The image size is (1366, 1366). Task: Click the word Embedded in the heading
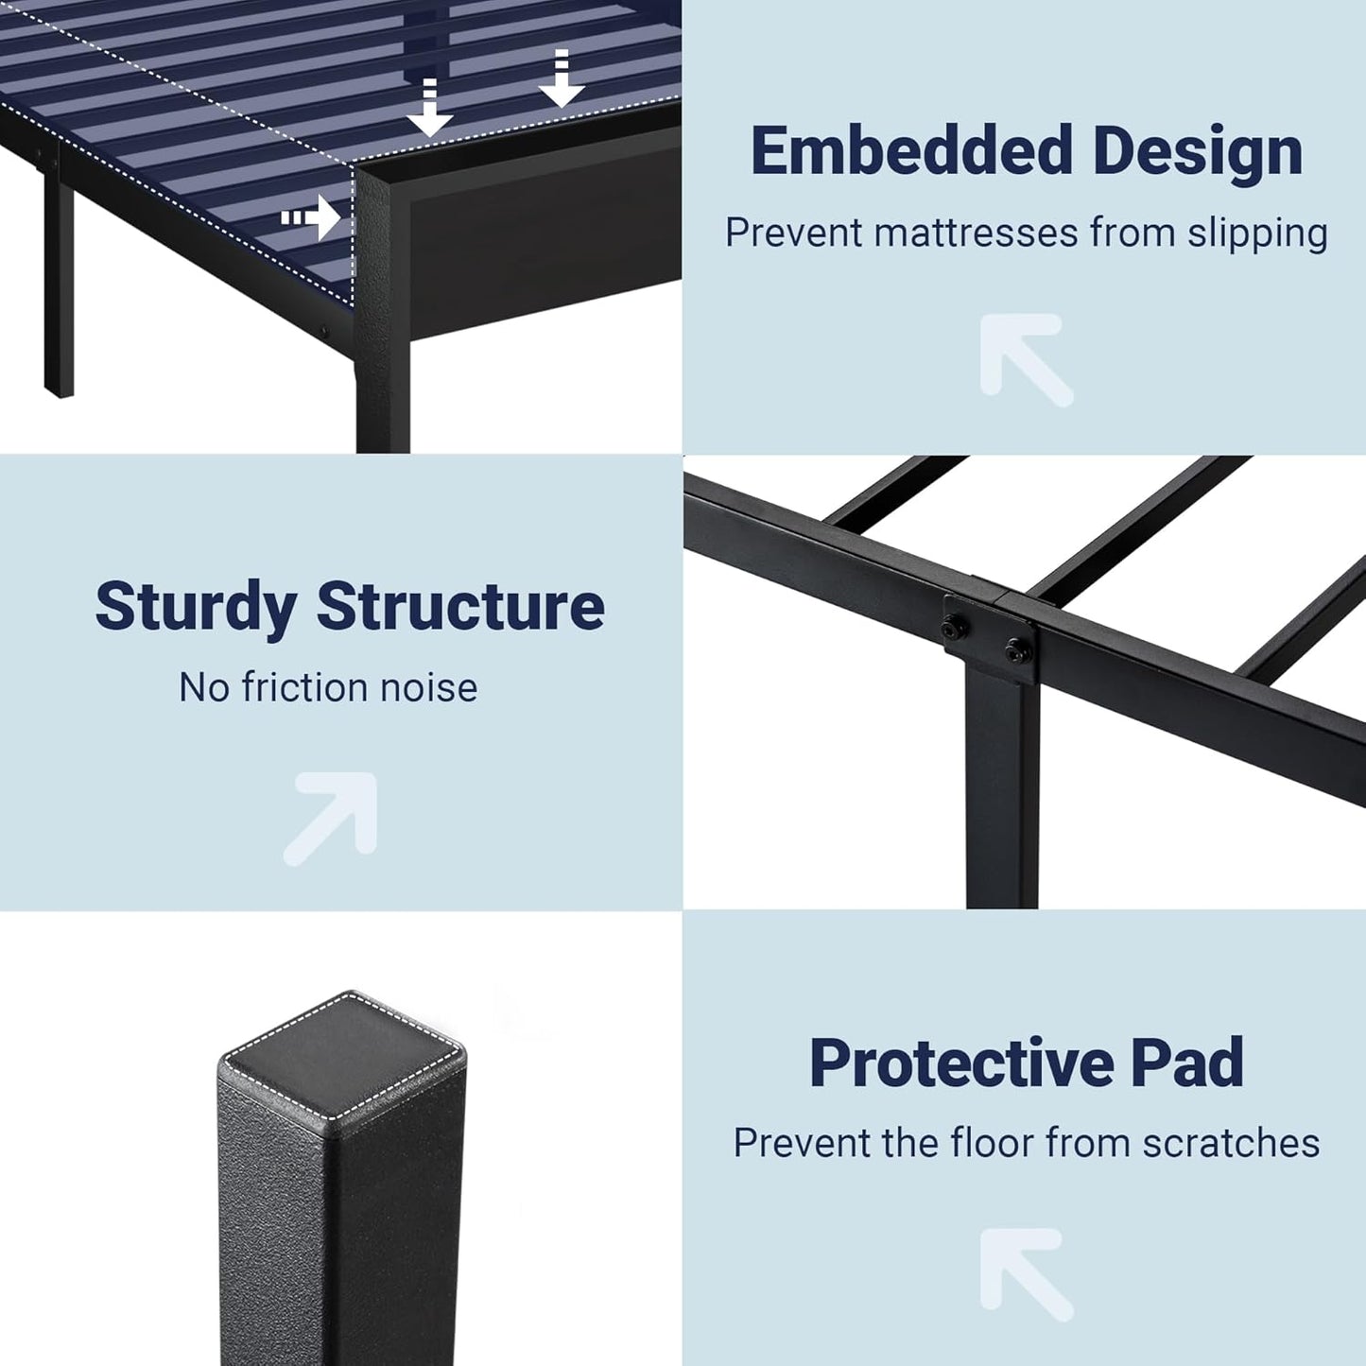911,151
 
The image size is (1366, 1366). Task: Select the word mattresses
976,233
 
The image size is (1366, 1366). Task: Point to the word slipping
1257,233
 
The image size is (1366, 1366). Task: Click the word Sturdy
196,607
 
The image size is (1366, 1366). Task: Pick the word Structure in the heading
460,607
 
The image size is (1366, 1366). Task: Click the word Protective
961,1063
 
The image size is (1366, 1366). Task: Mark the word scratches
1231,1143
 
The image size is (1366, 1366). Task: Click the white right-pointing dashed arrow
311,218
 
